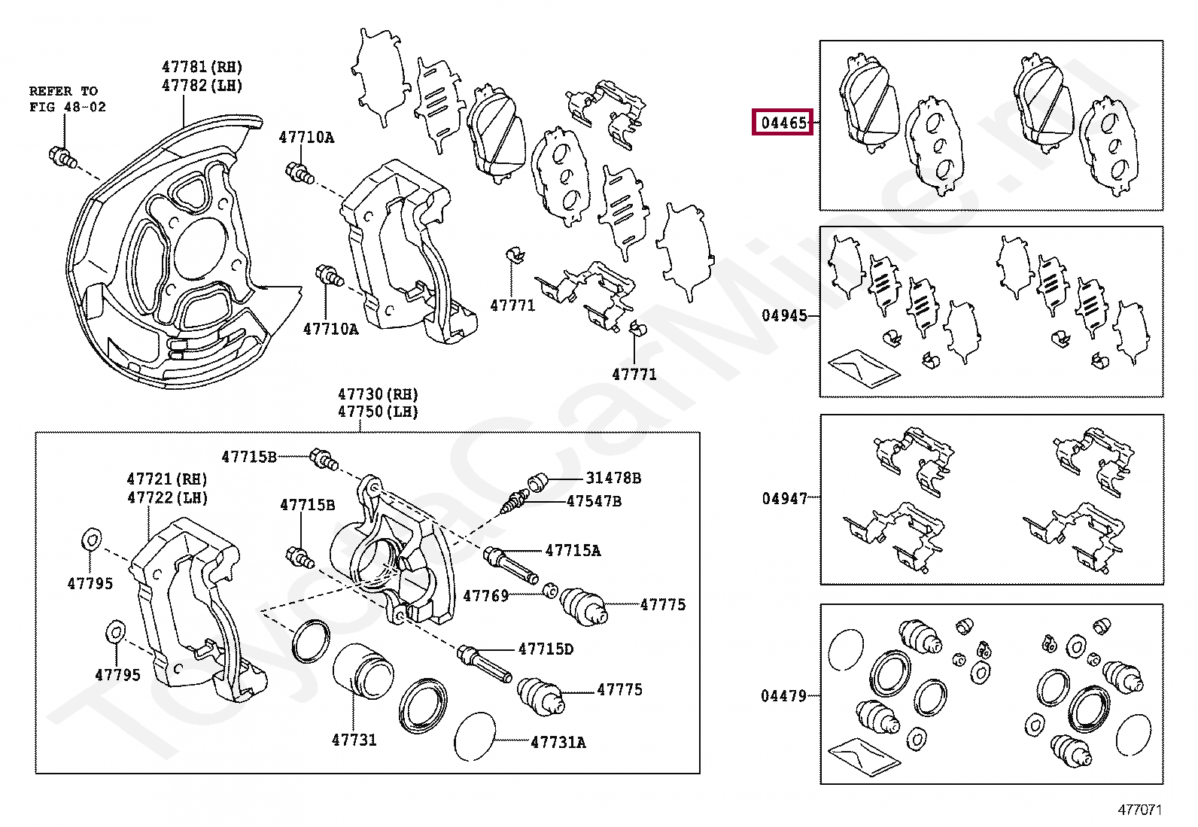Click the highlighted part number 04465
click(783, 122)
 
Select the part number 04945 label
click(784, 315)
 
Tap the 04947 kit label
click(784, 498)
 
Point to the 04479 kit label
click(783, 696)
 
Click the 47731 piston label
click(354, 740)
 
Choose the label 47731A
click(558, 742)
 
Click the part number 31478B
click(613, 478)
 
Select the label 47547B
click(594, 501)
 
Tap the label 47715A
click(573, 551)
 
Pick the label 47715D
click(545, 649)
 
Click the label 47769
click(485, 596)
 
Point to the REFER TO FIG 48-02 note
click(67, 99)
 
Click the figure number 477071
click(1139, 810)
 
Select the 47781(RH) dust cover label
click(202, 67)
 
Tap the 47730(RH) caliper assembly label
click(378, 394)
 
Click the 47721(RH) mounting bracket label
click(167, 479)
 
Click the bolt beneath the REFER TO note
click(62, 157)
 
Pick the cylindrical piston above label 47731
click(363, 670)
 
